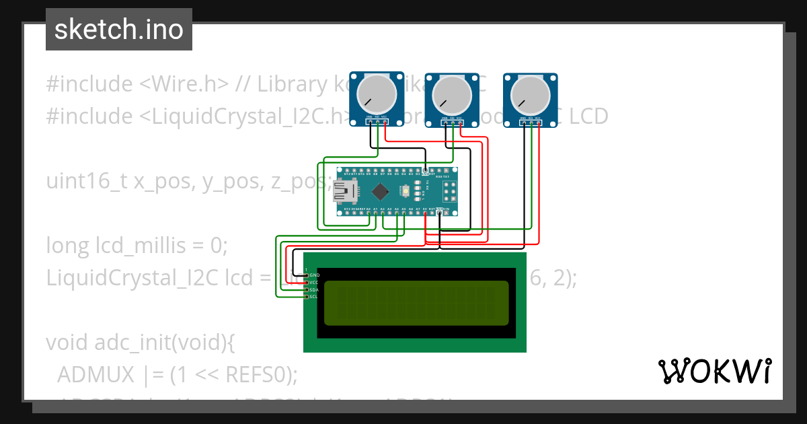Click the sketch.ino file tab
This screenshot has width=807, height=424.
119,30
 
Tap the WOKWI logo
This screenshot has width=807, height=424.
714,371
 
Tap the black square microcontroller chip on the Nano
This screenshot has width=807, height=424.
381,192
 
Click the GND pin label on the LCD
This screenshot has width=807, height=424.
314,275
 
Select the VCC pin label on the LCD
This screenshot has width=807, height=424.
314,283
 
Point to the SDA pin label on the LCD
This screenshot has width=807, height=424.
314,289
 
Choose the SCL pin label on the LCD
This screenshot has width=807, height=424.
314,297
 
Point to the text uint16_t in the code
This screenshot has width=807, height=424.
87,181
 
